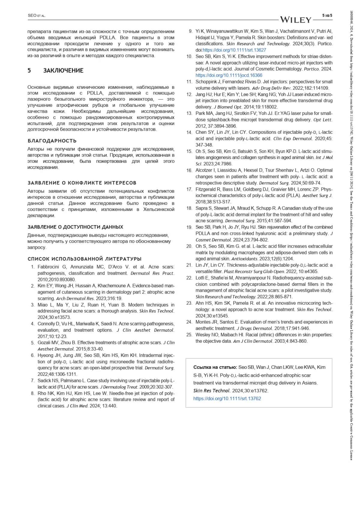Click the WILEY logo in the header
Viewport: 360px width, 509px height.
pos(296,20)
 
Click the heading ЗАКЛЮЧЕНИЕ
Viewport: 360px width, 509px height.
pos(63,70)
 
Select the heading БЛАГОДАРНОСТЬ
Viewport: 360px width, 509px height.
pos(52,141)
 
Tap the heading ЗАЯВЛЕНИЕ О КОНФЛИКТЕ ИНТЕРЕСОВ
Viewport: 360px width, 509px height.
pos(82,183)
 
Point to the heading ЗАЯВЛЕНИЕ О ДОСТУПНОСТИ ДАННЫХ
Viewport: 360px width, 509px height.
pos(75,227)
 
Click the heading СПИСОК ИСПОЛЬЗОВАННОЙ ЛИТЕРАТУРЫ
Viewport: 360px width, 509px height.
pos(84,259)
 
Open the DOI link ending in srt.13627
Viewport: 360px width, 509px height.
pos(234,50)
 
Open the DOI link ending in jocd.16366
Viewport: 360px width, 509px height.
pos(229,75)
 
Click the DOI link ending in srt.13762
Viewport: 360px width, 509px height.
pos(227,399)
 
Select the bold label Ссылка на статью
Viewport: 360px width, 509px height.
pos(215,367)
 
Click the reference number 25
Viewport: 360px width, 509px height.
pos(189,335)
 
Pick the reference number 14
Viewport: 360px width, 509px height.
pos(189,132)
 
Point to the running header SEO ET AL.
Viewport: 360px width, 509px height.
pos(37,16)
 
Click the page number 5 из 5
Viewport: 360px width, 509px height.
pos(327,15)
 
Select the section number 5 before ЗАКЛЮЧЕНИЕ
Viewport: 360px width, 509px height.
pos(29,70)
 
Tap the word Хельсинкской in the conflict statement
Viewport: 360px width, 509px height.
pos(158,209)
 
